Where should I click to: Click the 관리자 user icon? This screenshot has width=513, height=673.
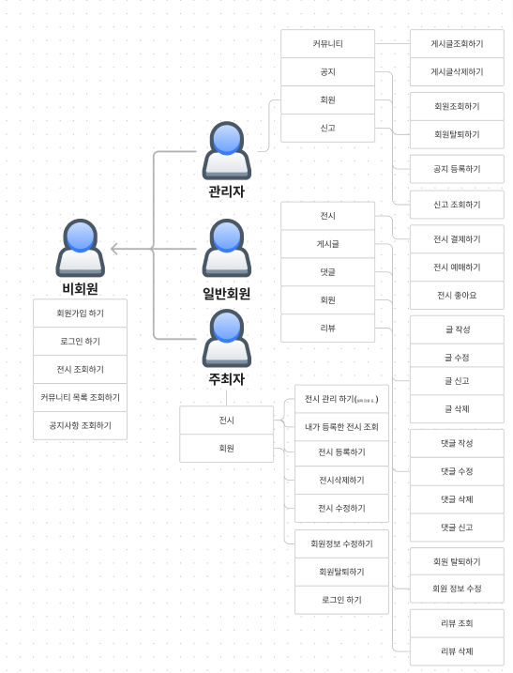point(226,150)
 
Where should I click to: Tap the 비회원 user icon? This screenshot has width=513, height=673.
point(80,248)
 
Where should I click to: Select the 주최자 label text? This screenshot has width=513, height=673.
point(226,379)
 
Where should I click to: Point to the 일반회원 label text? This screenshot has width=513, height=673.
point(226,293)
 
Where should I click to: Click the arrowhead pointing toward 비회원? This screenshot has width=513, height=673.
point(114,249)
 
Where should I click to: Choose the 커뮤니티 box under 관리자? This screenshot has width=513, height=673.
point(327,43)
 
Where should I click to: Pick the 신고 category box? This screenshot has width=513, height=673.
point(327,128)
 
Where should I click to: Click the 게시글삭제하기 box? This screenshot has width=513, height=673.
point(457,71)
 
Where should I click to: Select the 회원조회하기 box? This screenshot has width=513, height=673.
point(457,106)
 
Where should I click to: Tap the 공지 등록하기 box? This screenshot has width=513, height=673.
point(457,169)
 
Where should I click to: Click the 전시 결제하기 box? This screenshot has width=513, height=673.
point(457,238)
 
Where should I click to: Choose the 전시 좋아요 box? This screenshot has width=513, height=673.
point(457,295)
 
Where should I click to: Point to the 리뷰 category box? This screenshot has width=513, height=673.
point(327,328)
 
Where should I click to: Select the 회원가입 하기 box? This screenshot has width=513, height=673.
point(80,313)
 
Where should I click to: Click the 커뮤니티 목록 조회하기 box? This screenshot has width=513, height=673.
point(80,397)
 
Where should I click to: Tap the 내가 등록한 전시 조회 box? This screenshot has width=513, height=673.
point(341,427)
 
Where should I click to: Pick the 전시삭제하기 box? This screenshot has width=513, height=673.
point(341,480)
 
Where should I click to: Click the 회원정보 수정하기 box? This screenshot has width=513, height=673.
point(341,543)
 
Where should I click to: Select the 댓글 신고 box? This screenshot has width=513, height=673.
point(457,528)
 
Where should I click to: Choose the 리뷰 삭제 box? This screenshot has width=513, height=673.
point(457,650)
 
